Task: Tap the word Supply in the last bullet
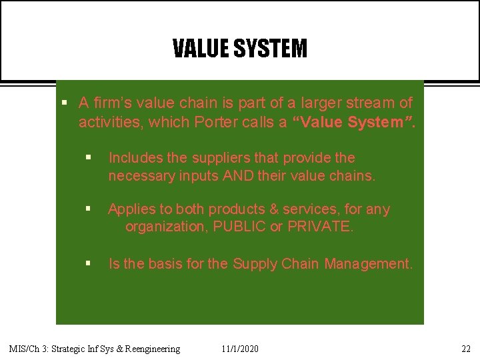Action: (x=255, y=264)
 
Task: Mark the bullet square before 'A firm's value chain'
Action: (x=64, y=103)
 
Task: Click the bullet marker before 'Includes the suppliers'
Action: (x=88, y=158)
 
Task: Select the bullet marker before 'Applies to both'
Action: (x=88, y=209)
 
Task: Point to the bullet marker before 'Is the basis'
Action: (x=88, y=264)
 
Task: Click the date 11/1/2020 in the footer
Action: (x=241, y=349)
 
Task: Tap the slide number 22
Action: (x=465, y=349)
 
